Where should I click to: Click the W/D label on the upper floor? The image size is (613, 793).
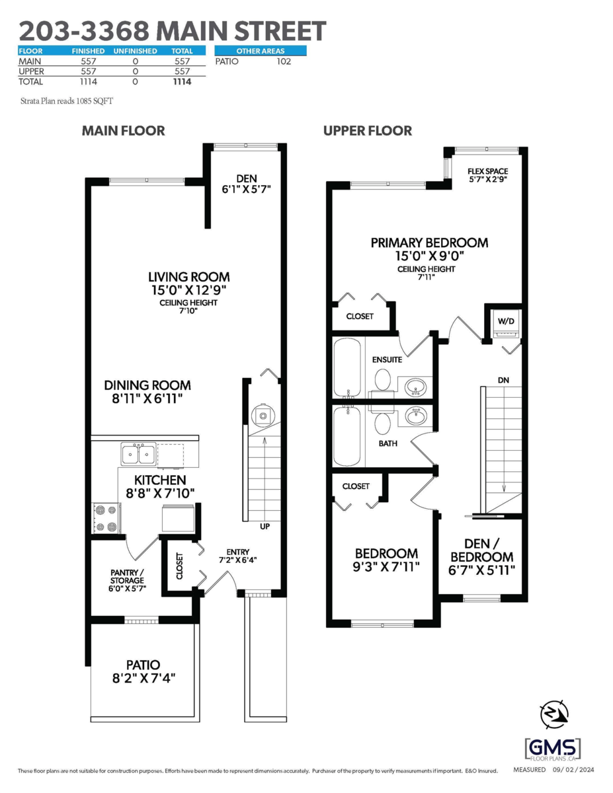[x=506, y=321]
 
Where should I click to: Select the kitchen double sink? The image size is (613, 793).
[x=138, y=455]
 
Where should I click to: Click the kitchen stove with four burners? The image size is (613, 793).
[x=105, y=518]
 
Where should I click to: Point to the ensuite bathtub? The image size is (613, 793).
[x=347, y=367]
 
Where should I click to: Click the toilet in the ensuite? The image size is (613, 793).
[x=382, y=379]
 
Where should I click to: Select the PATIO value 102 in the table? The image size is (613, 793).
[x=283, y=61]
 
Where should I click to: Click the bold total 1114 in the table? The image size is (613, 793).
[x=182, y=82]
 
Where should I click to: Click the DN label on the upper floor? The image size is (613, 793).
[x=503, y=381]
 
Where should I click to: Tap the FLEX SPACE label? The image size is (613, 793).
[x=488, y=175]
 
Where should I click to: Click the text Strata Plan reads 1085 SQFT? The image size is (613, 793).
[x=63, y=101]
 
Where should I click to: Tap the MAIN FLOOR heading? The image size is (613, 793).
[x=123, y=131]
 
